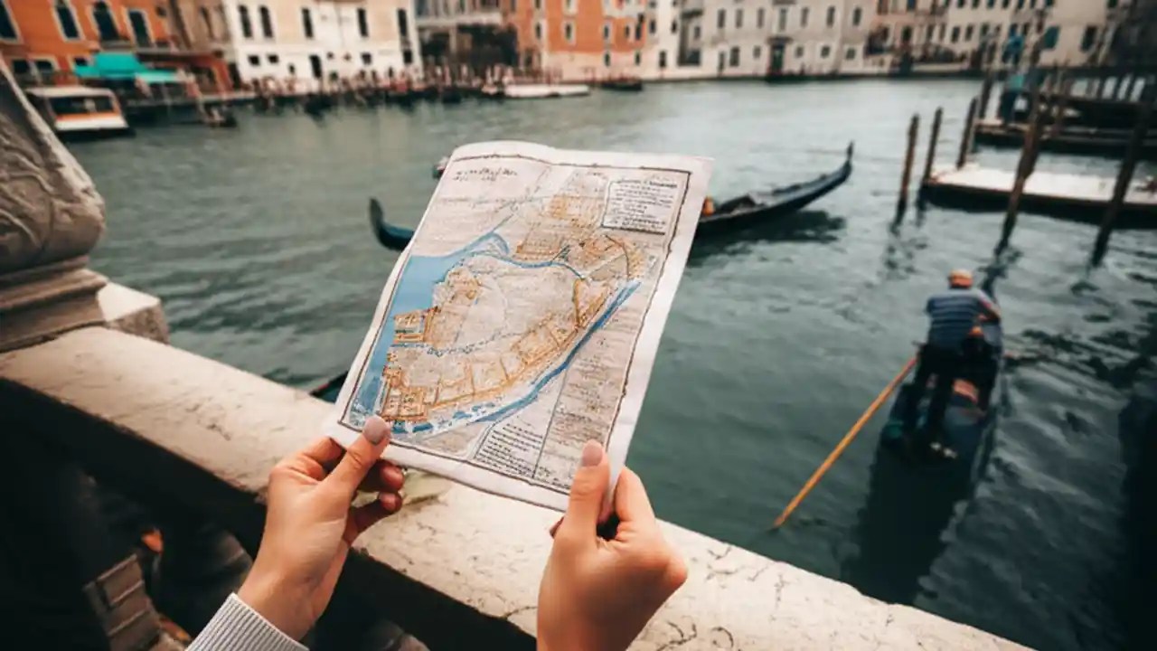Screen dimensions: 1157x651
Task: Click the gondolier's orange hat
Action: (960, 278)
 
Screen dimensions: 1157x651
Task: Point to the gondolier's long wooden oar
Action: (845, 442)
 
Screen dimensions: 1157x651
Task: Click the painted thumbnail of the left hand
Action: (376, 429)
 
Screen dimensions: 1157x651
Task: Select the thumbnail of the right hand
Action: (592, 453)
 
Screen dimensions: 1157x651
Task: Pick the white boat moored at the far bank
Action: (545, 90)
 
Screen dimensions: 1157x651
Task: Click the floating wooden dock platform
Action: (1039, 190)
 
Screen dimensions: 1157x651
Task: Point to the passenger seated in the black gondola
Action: (708, 207)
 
